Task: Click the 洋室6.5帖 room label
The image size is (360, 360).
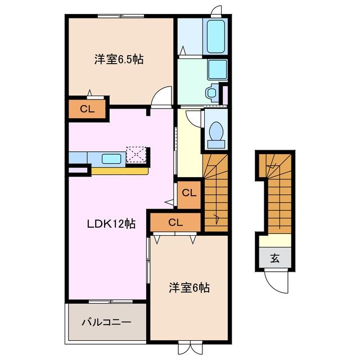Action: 119,58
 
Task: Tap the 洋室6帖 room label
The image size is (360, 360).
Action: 190,288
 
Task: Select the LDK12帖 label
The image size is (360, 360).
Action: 110,223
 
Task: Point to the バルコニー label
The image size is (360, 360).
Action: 106,322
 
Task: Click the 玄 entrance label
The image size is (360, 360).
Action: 275,259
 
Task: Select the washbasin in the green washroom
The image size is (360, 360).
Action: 216,69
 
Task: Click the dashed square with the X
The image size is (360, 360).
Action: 137,155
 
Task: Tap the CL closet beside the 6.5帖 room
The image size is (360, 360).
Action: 87,110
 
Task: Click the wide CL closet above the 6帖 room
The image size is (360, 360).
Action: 175,222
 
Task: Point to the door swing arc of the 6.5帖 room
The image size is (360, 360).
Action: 163,94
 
